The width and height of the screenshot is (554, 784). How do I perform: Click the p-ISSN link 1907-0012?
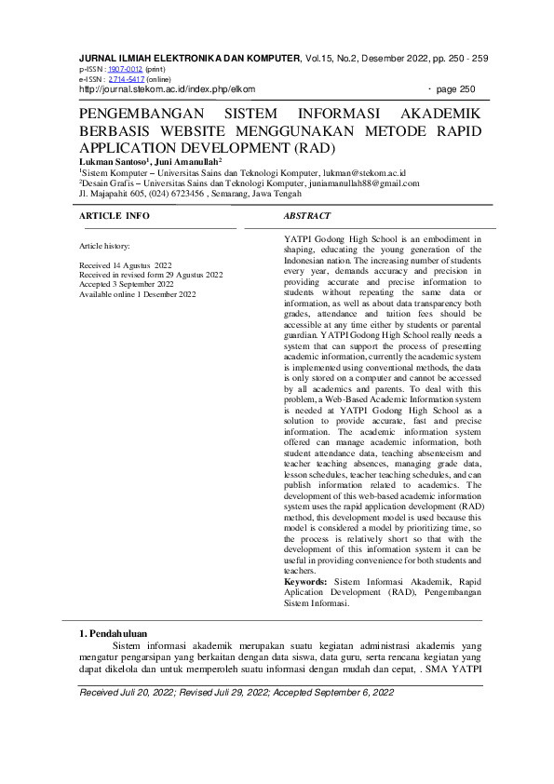(125, 69)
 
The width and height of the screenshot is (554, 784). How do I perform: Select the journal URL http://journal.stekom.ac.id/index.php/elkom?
(167, 89)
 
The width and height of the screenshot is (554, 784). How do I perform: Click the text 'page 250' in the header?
(456, 89)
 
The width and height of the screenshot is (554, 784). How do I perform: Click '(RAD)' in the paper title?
(314, 148)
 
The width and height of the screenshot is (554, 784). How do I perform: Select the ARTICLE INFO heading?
(115, 215)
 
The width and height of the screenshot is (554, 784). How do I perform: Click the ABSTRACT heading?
(306, 215)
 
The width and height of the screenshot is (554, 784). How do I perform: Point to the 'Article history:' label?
(105, 246)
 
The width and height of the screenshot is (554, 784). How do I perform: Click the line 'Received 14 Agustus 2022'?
(126, 265)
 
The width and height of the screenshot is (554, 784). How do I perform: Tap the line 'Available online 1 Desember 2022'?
(138, 294)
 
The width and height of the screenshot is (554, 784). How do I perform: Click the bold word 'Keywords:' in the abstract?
(305, 581)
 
